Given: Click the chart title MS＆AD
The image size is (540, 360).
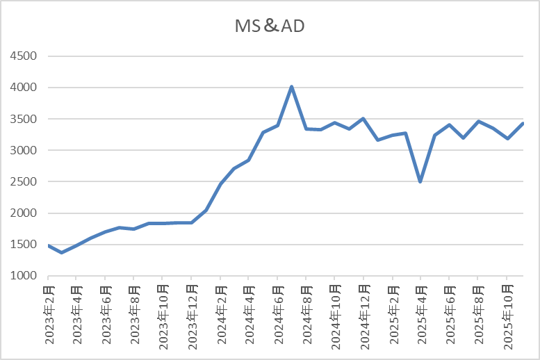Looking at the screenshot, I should pos(270,26).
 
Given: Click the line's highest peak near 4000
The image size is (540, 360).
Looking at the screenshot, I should pos(292,87).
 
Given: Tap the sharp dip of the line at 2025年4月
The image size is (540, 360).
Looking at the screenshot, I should pos(420,181).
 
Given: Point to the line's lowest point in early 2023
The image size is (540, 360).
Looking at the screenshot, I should pos(62,252).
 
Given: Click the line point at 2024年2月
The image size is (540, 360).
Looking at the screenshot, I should pos(220,183).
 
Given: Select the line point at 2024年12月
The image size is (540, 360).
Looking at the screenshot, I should pos(363,119).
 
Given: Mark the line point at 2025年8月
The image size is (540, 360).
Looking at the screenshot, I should pos(478,122).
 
